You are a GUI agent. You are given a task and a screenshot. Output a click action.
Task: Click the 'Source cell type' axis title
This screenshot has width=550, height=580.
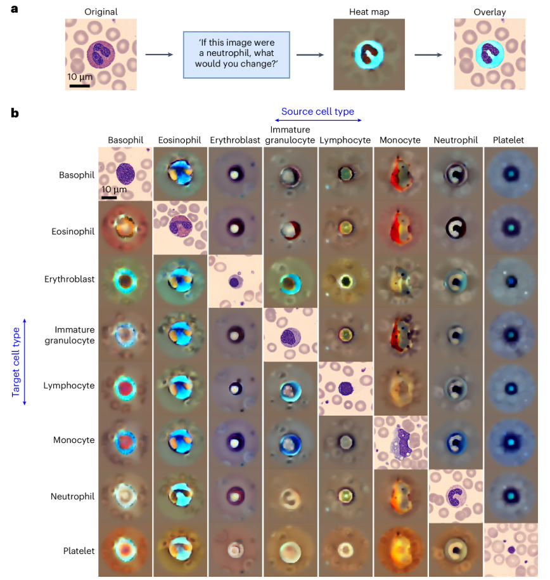(x=317, y=112)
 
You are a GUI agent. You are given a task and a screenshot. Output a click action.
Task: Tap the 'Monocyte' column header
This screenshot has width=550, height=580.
(x=399, y=140)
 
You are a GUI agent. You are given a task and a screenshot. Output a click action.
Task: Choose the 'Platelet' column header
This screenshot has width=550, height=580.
(x=510, y=140)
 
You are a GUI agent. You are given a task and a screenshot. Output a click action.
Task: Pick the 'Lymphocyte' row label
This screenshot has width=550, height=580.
(x=74, y=386)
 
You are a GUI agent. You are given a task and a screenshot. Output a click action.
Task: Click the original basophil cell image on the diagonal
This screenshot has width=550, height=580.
(x=125, y=174)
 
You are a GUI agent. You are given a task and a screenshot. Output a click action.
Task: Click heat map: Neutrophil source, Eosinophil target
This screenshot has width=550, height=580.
(x=455, y=228)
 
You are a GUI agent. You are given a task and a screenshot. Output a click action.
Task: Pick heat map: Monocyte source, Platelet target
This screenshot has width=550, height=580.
(x=400, y=550)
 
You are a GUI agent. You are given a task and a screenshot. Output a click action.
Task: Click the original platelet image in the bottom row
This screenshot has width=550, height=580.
(x=511, y=550)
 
